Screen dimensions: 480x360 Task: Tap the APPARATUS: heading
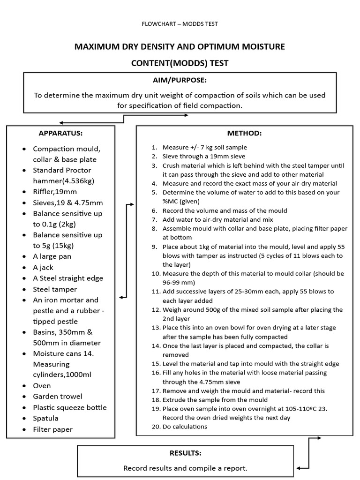tap(60, 133)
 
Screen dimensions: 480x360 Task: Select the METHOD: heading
tap(244, 133)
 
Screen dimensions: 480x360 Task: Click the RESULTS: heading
tap(185, 453)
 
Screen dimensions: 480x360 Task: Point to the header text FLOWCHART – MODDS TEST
tap(180, 24)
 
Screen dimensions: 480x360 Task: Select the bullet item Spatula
tap(45, 418)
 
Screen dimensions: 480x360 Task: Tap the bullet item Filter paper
tap(52, 429)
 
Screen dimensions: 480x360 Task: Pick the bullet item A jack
tap(43, 267)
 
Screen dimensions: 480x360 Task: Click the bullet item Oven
tap(42, 386)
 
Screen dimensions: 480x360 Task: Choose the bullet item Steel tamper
tap(54, 289)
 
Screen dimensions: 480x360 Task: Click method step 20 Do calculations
tap(185, 427)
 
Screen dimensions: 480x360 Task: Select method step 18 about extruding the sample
tap(215, 400)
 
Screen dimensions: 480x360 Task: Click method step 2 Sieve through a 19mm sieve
tap(204, 156)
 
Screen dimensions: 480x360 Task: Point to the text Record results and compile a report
tap(185, 468)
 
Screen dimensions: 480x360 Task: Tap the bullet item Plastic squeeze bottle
tap(69, 407)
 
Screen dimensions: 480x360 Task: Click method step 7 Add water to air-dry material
tap(217, 219)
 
